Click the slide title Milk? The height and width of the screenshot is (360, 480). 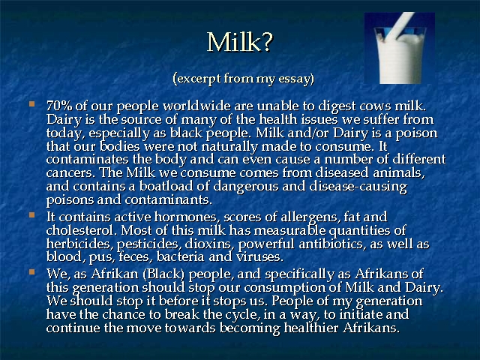tap(240, 42)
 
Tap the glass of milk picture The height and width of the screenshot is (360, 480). tap(400, 48)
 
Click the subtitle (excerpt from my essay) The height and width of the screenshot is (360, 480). tap(243, 79)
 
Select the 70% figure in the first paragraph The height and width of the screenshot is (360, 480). tap(59, 106)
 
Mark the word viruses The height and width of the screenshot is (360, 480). tap(259, 257)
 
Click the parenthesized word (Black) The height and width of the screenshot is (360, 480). tap(163, 274)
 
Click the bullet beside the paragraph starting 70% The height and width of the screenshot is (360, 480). tap(31, 103)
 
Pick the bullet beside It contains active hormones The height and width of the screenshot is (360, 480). tap(31, 215)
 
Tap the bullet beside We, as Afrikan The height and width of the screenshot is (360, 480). tap(31, 271)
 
